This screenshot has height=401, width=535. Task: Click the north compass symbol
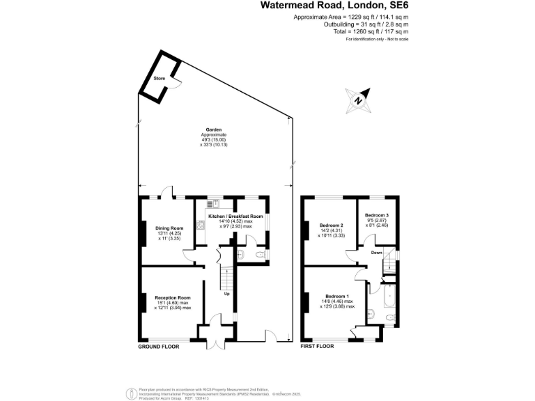tap(358, 102)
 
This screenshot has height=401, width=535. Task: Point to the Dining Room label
tap(169, 228)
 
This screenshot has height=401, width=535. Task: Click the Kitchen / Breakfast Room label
tap(235, 217)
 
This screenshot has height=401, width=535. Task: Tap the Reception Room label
tap(173, 297)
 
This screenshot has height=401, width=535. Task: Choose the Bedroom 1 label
tap(337, 297)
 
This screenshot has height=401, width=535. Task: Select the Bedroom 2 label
tap(332, 226)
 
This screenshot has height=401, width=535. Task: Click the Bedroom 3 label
tap(376, 216)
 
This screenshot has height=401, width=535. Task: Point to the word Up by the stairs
tap(226, 293)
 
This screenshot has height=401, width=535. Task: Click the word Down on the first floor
tap(376, 253)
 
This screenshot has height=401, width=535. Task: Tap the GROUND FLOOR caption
tap(159, 346)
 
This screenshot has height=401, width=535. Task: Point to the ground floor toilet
tap(259, 257)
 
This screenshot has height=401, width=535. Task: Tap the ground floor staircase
tap(226, 281)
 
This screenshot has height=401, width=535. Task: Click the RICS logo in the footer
tap(129, 393)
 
